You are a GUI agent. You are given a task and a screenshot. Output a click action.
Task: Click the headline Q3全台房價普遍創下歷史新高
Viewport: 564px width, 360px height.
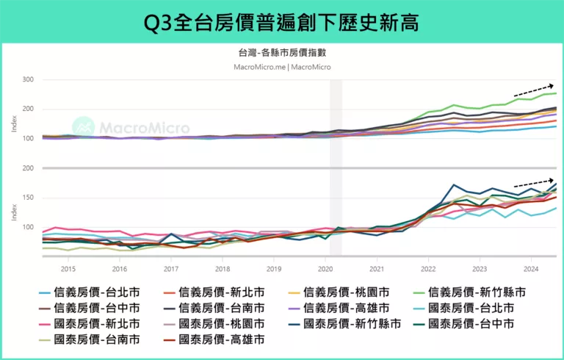point(282,22)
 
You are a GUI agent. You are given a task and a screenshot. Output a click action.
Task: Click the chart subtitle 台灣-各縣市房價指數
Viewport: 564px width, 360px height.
point(282,53)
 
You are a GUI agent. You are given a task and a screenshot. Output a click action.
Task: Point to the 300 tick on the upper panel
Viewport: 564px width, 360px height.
point(28,79)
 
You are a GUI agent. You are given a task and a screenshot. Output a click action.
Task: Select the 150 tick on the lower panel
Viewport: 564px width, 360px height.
point(28,198)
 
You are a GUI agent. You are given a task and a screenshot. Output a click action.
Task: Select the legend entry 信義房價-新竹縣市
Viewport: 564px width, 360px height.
point(477,292)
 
